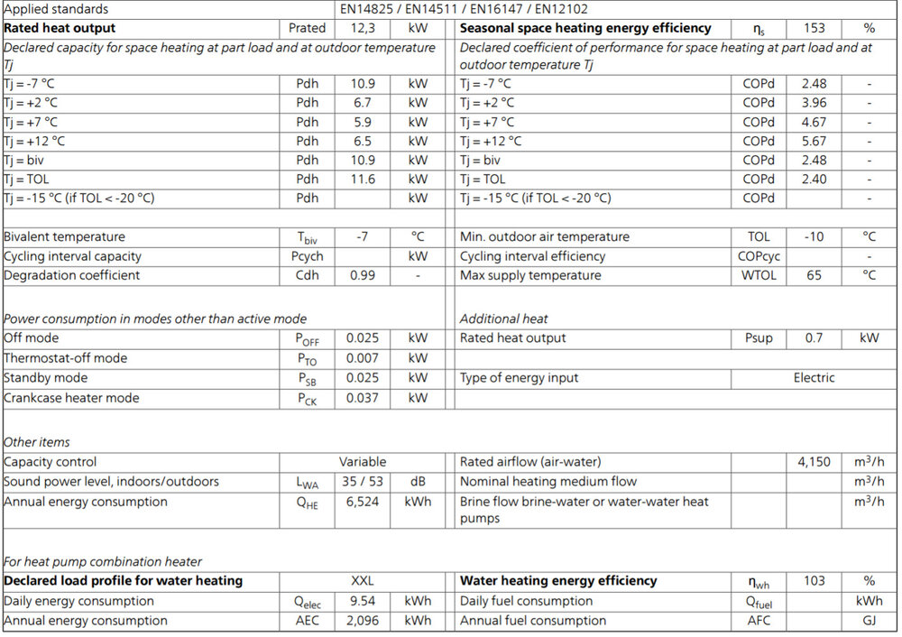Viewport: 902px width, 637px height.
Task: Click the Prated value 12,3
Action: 363,28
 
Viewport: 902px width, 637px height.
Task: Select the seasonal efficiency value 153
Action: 814,28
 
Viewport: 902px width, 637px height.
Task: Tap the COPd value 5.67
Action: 814,141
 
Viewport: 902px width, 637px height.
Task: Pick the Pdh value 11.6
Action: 363,179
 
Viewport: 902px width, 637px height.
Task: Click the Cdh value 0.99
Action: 363,275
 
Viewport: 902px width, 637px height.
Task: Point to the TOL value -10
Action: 814,236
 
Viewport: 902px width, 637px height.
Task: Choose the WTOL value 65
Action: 814,275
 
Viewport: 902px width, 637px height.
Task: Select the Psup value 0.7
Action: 814,338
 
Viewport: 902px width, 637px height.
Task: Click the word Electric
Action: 814,378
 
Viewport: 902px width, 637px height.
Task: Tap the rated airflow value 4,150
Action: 814,462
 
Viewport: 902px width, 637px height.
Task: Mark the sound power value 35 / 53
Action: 363,482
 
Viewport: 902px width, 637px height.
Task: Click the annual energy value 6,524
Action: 363,502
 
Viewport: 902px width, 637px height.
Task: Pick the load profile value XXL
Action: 363,581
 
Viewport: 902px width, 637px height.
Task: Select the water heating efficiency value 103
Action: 814,581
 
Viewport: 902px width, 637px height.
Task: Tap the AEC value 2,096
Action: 363,621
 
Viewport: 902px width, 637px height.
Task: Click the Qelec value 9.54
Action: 363,601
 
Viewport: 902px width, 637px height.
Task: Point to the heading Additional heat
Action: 503,318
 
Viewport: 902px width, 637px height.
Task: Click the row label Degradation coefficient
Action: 72,275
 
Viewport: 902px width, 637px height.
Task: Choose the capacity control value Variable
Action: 363,462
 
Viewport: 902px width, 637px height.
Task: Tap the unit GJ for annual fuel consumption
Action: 869,621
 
